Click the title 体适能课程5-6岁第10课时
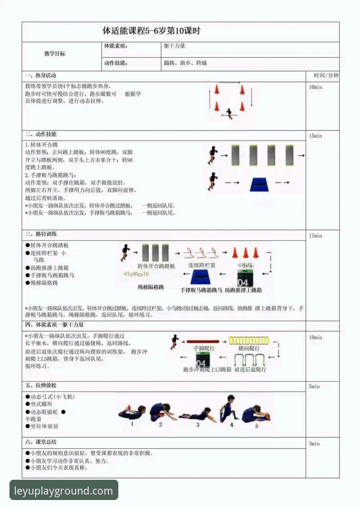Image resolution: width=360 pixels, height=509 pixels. tap(151, 31)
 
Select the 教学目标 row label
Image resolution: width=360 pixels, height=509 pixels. tap(54, 54)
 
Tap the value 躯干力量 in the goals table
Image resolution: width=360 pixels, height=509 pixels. tap(175, 46)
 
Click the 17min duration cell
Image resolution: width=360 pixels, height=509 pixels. tap(315, 236)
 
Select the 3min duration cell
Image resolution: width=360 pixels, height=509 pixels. tap(314, 444)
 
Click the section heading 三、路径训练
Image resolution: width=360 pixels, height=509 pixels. tap(41, 234)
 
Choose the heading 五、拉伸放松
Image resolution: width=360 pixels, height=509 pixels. tap(41, 386)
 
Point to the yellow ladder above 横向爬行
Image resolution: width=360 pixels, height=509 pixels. tap(248, 341)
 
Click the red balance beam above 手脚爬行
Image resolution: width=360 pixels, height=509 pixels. tap(202, 342)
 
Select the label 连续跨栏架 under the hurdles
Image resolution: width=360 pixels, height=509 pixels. tap(202, 266)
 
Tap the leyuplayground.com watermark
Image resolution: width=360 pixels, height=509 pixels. tap(63, 491)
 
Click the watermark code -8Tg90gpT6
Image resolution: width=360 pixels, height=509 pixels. tap(135, 274)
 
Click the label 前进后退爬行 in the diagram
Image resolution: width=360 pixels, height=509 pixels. tap(250, 369)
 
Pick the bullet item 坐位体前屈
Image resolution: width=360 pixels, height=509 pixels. tap(44, 426)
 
